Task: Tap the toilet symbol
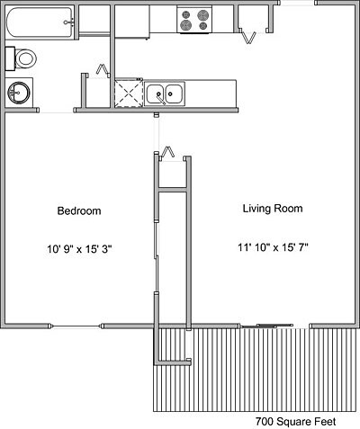point(24,59)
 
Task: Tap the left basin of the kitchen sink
point(156,92)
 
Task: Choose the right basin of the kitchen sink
point(173,92)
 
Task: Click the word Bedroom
point(78,211)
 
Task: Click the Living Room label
point(272,209)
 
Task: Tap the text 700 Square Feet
point(305,421)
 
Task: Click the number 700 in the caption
point(265,421)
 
